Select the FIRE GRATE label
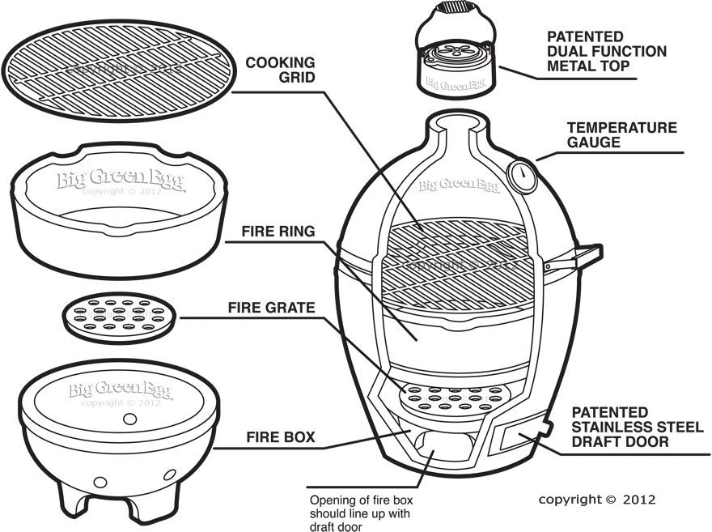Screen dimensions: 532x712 [x=271, y=308]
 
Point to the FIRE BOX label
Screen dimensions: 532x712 [x=280, y=438]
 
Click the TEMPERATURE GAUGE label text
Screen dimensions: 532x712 [x=621, y=135]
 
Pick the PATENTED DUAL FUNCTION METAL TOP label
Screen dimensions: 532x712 [x=607, y=52]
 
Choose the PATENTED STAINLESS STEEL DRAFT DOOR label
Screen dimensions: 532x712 [x=620, y=427]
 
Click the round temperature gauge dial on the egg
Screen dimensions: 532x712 [x=522, y=176]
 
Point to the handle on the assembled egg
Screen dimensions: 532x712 [x=574, y=259]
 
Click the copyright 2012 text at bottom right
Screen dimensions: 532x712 [x=597, y=499]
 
